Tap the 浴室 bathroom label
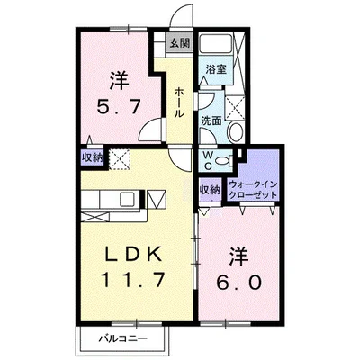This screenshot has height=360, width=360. coord(214,68)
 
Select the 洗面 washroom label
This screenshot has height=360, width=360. coord(211,120)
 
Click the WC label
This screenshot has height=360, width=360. coord(208,160)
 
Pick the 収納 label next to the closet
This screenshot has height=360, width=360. coord(209,189)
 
